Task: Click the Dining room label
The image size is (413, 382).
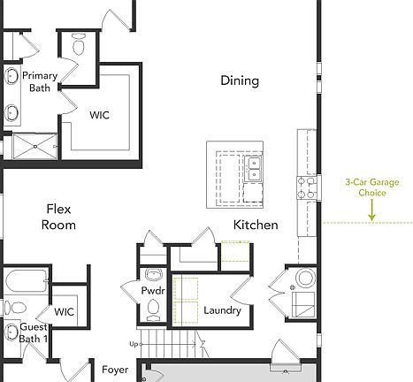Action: pyautogui.click(x=240, y=81)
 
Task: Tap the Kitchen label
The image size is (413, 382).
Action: pyautogui.click(x=256, y=225)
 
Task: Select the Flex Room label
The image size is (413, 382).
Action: pyautogui.click(x=58, y=217)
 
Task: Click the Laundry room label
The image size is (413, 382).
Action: pyautogui.click(x=222, y=310)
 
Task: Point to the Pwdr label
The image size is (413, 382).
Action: pyautogui.click(x=153, y=291)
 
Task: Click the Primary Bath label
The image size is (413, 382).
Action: pyautogui.click(x=40, y=81)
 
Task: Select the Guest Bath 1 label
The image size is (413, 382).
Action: pyautogui.click(x=33, y=332)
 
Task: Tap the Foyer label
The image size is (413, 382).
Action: pyautogui.click(x=115, y=370)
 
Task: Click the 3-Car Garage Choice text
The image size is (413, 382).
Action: pyautogui.click(x=371, y=187)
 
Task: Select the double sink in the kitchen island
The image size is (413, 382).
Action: pyautogui.click(x=255, y=168)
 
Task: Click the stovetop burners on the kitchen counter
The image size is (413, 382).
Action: pyautogui.click(x=307, y=187)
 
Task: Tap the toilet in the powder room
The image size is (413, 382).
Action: pyautogui.click(x=154, y=309)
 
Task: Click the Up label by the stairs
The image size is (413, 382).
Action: pyautogui.click(x=134, y=343)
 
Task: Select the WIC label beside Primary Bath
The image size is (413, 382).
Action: pyautogui.click(x=100, y=114)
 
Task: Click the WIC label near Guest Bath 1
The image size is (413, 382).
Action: pyautogui.click(x=64, y=311)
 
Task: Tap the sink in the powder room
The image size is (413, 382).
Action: pyautogui.click(x=153, y=273)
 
